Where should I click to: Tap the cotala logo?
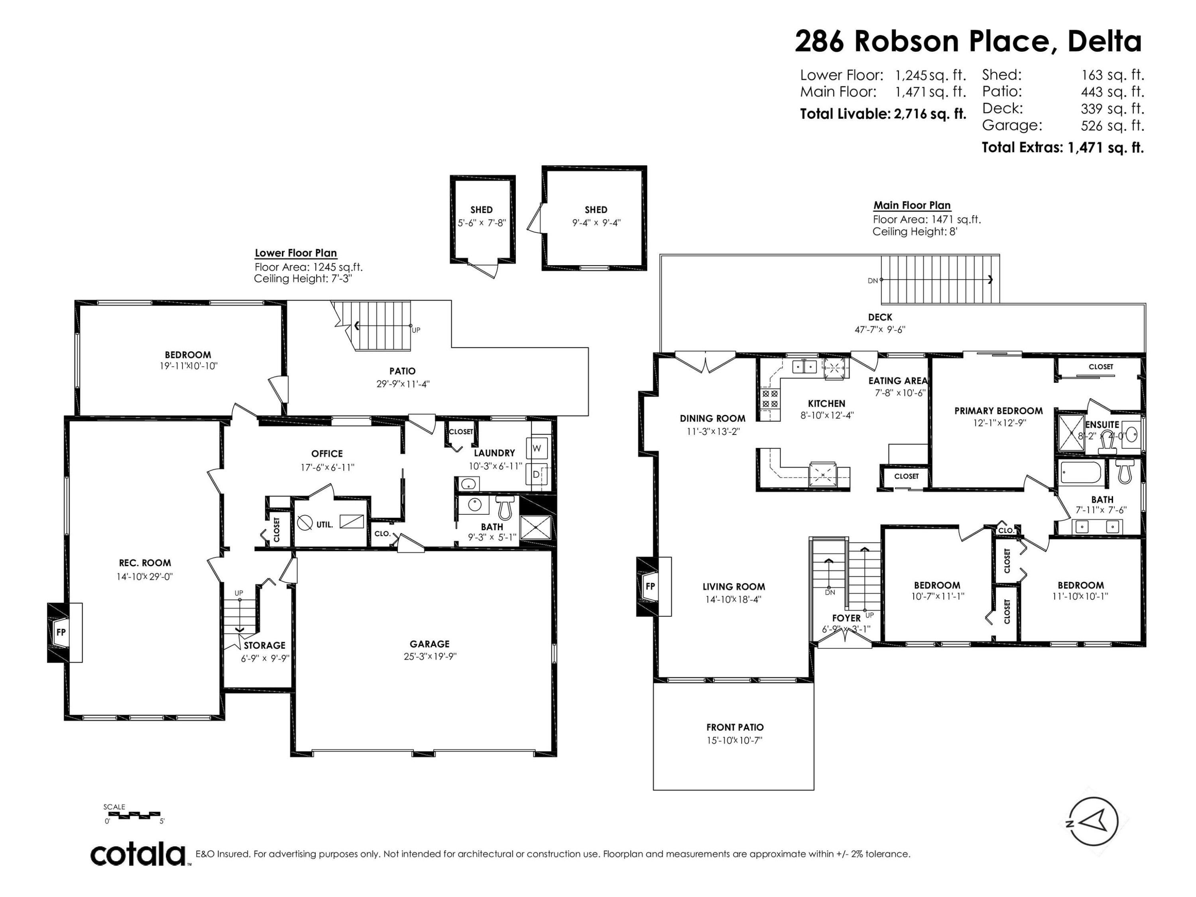(x=138, y=855)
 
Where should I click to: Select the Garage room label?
(x=429, y=644)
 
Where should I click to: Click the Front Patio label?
(x=735, y=727)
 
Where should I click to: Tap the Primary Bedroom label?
(x=998, y=411)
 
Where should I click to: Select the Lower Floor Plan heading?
(x=296, y=253)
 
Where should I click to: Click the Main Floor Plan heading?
(x=912, y=205)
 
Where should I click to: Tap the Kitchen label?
(x=826, y=403)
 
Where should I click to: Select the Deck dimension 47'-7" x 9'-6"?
(x=880, y=329)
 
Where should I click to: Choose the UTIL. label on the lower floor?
(x=325, y=525)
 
